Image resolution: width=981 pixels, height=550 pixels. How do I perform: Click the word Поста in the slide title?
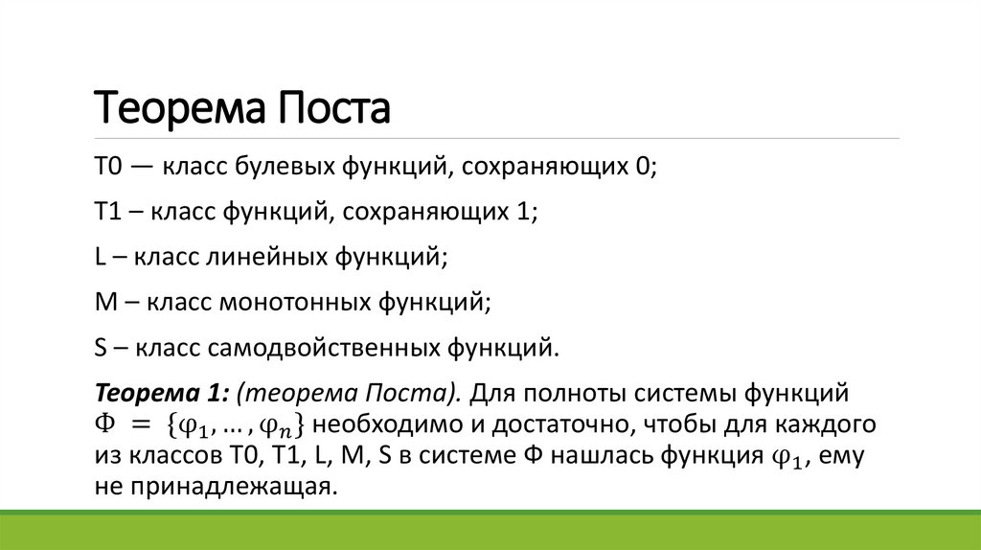tap(335, 109)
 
